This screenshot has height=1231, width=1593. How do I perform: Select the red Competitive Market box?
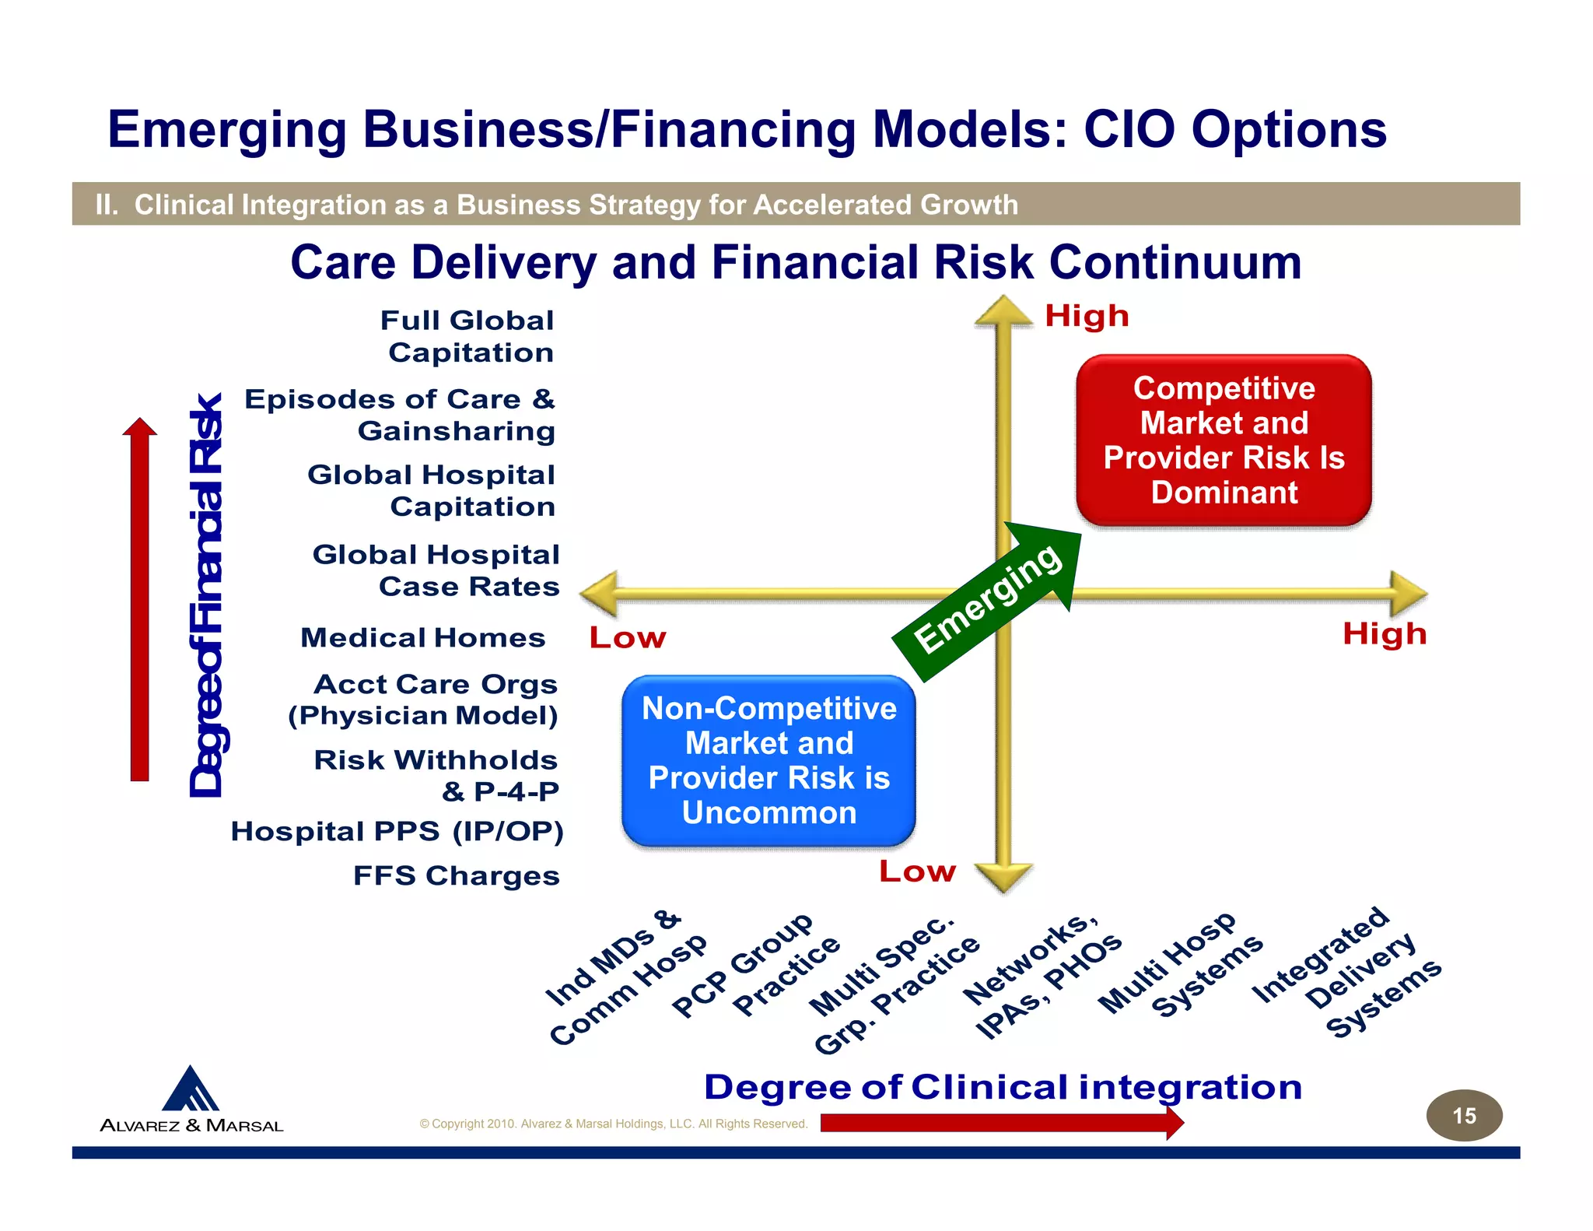pyautogui.click(x=1224, y=440)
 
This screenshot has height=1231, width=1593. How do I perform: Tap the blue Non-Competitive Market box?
pyautogui.click(x=768, y=760)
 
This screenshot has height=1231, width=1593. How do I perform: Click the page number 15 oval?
pyautogui.click(x=1463, y=1115)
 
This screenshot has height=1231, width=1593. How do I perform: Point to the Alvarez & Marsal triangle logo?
pyautogui.click(x=191, y=1089)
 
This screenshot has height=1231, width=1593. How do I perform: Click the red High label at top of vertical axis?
pyautogui.click(x=1087, y=317)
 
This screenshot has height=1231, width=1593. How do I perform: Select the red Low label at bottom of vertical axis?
pyautogui.click(x=917, y=872)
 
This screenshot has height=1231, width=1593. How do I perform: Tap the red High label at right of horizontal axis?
pyautogui.click(x=1385, y=634)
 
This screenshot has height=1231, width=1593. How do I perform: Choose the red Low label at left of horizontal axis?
pyautogui.click(x=628, y=638)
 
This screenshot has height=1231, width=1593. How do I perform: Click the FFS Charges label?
pyautogui.click(x=457, y=876)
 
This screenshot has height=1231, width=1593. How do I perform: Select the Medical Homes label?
pyautogui.click(x=423, y=638)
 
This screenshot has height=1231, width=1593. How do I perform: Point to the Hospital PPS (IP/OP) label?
pyautogui.click(x=397, y=832)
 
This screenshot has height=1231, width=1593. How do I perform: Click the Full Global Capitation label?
pyautogui.click(x=468, y=336)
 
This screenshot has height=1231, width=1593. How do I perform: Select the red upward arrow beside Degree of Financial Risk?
pyautogui.click(x=140, y=599)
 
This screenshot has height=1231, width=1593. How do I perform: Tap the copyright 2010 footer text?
pyautogui.click(x=613, y=1124)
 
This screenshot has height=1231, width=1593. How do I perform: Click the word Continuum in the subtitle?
pyautogui.click(x=1175, y=262)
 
